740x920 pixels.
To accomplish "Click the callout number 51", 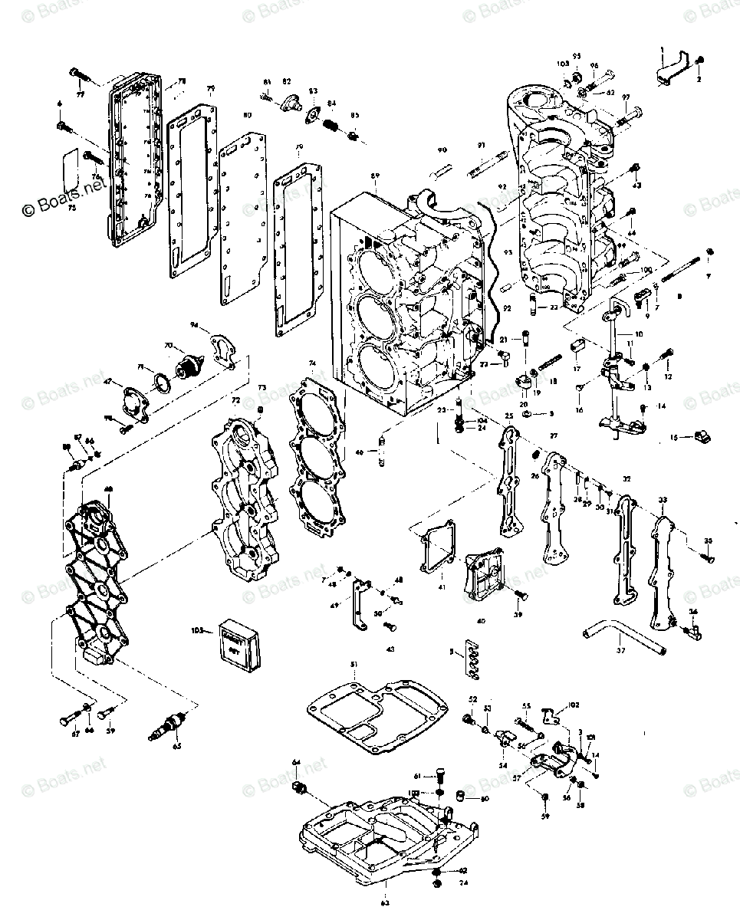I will (x=354, y=663).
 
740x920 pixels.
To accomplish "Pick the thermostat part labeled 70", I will (x=187, y=364).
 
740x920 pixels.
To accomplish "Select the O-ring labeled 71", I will (x=162, y=382).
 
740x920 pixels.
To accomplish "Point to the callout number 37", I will (x=621, y=650).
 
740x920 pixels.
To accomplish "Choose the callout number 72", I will (x=236, y=401).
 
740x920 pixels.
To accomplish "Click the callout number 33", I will (x=663, y=500).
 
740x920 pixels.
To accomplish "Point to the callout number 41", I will (x=419, y=586).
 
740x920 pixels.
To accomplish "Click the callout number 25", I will (x=508, y=417).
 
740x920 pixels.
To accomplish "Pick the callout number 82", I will (x=286, y=81).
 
